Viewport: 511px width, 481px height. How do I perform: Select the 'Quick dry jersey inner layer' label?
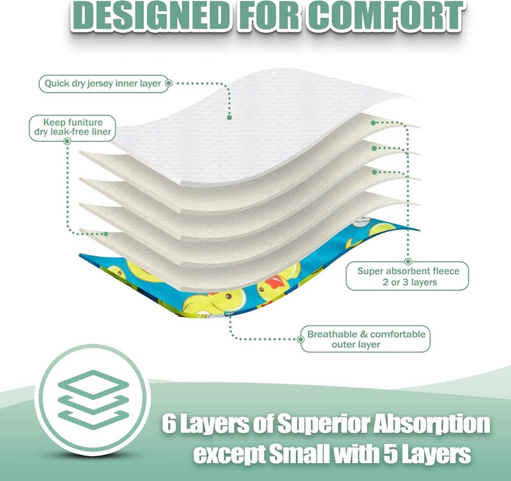(103, 84)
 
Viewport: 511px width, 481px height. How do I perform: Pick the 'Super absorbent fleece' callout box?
(408, 276)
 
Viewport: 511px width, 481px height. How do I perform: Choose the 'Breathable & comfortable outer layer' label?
(365, 339)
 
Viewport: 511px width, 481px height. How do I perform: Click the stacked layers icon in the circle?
(93, 399)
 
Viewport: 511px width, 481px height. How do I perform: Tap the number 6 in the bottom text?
(169, 424)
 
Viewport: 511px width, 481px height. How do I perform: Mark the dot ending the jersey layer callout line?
(229, 117)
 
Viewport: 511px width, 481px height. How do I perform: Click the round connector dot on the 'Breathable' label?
(301, 339)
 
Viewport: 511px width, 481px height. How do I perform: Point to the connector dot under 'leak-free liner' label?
(68, 141)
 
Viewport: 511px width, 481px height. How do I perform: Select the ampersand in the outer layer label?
(363, 334)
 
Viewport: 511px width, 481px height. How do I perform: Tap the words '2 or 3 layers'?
(409, 282)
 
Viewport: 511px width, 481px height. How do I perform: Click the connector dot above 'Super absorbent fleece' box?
(408, 262)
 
